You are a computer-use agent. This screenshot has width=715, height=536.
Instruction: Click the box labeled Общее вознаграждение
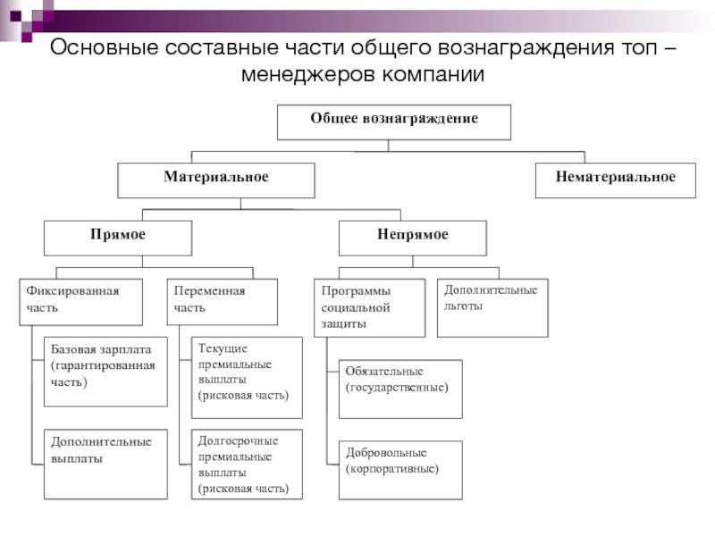point(394,122)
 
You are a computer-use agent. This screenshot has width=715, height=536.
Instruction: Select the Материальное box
point(216,180)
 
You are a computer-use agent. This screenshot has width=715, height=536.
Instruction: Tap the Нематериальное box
point(616,180)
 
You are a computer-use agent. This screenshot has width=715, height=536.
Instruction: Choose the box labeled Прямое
point(118,239)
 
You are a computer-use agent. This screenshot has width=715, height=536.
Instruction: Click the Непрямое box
point(413,239)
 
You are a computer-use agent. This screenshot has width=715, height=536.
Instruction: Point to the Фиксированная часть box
point(80,302)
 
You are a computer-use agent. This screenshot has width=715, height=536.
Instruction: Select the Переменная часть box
point(222,302)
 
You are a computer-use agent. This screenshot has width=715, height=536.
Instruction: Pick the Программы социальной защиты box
point(370,308)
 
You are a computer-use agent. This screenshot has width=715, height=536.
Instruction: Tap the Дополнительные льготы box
point(492,308)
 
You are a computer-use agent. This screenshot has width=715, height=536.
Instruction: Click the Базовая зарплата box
point(105,372)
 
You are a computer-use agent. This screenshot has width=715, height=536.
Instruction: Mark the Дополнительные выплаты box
point(105,464)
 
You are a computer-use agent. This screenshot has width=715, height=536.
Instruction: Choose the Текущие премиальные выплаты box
point(247,377)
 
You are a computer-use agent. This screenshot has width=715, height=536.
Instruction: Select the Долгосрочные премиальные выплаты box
point(247,464)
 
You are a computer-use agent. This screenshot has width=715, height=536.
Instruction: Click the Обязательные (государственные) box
point(400,389)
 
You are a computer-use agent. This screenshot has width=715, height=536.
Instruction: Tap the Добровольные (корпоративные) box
point(400,470)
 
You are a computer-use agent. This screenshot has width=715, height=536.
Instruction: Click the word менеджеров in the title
point(307,74)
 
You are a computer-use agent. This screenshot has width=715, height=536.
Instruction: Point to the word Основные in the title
point(105,47)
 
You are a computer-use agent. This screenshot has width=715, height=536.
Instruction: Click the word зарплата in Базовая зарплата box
point(125,349)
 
